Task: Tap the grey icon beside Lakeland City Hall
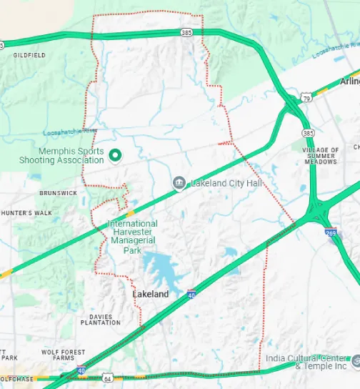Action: point(179,184)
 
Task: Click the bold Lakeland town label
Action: point(151,294)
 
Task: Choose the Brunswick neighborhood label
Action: point(59,193)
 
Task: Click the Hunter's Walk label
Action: point(26,213)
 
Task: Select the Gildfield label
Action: point(29,54)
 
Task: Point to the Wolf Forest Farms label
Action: point(63,355)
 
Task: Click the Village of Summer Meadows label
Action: point(320,155)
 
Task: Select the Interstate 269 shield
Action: point(331,233)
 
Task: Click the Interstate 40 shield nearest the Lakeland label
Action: point(191,293)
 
